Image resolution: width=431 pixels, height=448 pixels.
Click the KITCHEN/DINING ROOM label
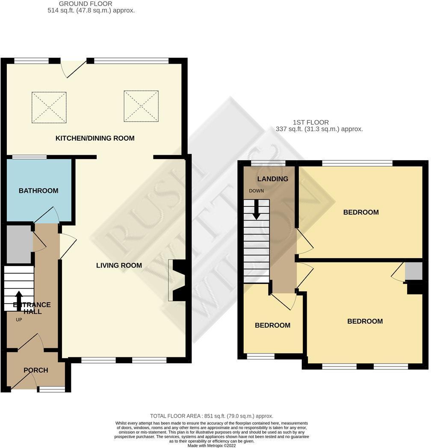pyautogui.click(x=95, y=138)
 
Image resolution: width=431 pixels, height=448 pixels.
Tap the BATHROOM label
pyautogui.click(x=38, y=191)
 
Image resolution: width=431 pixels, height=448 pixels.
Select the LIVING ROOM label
pyautogui.click(x=119, y=265)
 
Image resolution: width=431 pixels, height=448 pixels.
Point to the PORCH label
pyautogui.click(x=35, y=370)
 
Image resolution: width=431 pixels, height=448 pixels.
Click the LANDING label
pyautogui.click(x=273, y=179)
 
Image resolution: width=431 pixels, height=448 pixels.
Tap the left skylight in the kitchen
pyautogui.click(x=49, y=107)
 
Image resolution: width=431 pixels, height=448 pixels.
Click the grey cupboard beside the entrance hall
pyautogui.click(x=19, y=244)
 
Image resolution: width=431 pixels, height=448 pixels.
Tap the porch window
pyautogui.click(x=51, y=389)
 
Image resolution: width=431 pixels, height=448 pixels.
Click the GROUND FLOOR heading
pyautogui.click(x=86, y=4)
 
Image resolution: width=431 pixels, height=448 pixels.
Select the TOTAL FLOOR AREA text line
pyautogui.click(x=212, y=416)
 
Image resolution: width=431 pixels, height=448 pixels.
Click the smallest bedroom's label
pyautogui.click(x=272, y=325)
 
